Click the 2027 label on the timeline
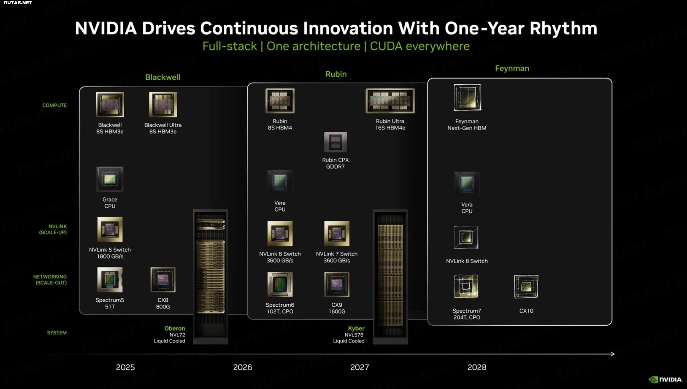tap(360, 367)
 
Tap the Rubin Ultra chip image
tap(390, 101)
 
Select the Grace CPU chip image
tap(110, 179)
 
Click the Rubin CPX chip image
tap(335, 142)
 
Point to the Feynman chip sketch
tap(468, 97)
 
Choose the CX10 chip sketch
tap(526, 287)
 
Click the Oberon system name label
tap(175, 328)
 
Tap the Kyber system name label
tap(356, 328)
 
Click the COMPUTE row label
tap(54, 105)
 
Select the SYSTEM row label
tap(57, 333)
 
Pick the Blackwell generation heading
tap(163, 77)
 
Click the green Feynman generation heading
tap(512, 68)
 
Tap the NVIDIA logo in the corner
tap(665, 379)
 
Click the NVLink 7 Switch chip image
tap(337, 234)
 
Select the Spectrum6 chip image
tap(280, 284)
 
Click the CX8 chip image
tap(163, 280)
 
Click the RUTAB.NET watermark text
tap(18, 3)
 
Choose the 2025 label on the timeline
tap(125, 367)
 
